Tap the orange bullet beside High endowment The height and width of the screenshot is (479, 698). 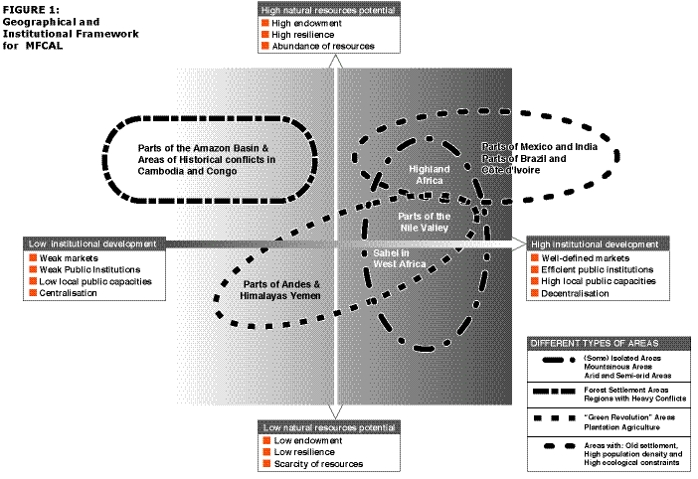pos(264,21)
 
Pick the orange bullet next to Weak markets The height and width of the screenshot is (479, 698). pos(32,257)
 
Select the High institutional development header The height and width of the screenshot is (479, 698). pos(595,243)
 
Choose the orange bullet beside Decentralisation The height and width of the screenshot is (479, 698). pos(533,293)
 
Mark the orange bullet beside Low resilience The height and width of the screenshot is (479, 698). pos(264,451)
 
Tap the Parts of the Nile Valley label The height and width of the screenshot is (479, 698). pos(425,221)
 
